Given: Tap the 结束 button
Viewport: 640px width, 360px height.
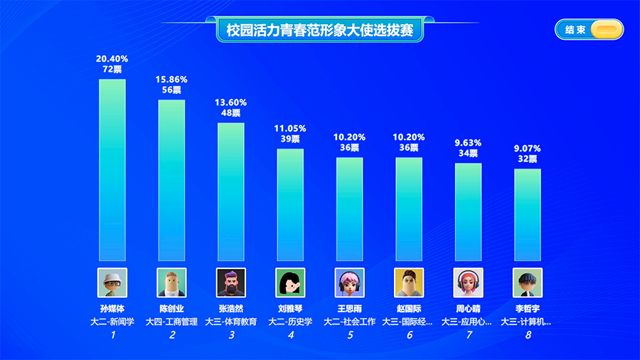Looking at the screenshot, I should point(589,30).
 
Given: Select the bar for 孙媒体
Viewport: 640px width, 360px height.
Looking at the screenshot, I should point(112,170).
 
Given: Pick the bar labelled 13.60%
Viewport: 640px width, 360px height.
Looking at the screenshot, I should point(230,192).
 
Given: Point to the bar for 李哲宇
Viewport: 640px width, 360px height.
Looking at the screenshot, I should point(528,215).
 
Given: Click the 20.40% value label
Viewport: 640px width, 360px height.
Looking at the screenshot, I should point(112,58).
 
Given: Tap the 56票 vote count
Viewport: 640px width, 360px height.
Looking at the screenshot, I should point(171,90).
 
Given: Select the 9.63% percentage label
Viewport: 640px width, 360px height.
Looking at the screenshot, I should point(468,142).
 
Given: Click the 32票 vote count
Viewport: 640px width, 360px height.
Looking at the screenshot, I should point(528,159).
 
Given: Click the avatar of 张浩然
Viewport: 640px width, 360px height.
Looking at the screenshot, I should point(230,282).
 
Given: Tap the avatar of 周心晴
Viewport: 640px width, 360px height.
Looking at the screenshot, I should point(468,282).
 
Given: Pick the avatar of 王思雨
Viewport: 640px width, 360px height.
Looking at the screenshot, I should point(349,282).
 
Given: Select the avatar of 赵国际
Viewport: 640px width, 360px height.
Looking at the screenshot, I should point(409,282).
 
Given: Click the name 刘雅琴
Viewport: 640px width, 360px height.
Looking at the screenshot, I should point(290,309).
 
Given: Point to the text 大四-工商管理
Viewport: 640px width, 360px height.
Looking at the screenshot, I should point(171,322).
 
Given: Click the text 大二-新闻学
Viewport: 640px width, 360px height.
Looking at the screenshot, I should point(112,322).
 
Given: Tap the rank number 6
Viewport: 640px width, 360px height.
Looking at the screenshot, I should point(409,335).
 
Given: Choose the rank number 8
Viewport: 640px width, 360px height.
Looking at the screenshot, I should point(528,335).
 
